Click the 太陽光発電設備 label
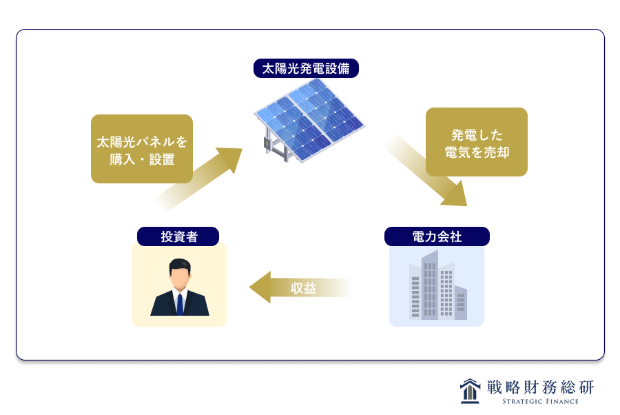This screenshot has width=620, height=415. coord(306,68)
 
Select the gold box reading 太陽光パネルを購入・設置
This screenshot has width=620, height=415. coord(142,149)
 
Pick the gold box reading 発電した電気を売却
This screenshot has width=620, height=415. coord(477,142)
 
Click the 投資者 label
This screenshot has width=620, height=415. coord(178,236)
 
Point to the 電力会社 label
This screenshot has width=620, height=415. coord(437,236)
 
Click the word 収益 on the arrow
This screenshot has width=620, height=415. coord(303,288)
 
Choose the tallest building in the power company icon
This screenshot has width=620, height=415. coord(430,285)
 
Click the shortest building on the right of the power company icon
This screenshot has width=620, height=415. coord(461,303)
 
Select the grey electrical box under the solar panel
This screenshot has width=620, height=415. coord(266,143)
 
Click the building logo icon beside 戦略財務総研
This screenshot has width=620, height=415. coord(470,391)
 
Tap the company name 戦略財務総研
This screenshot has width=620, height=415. coord(541,387)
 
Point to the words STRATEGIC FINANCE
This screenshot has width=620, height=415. coord(540,401)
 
